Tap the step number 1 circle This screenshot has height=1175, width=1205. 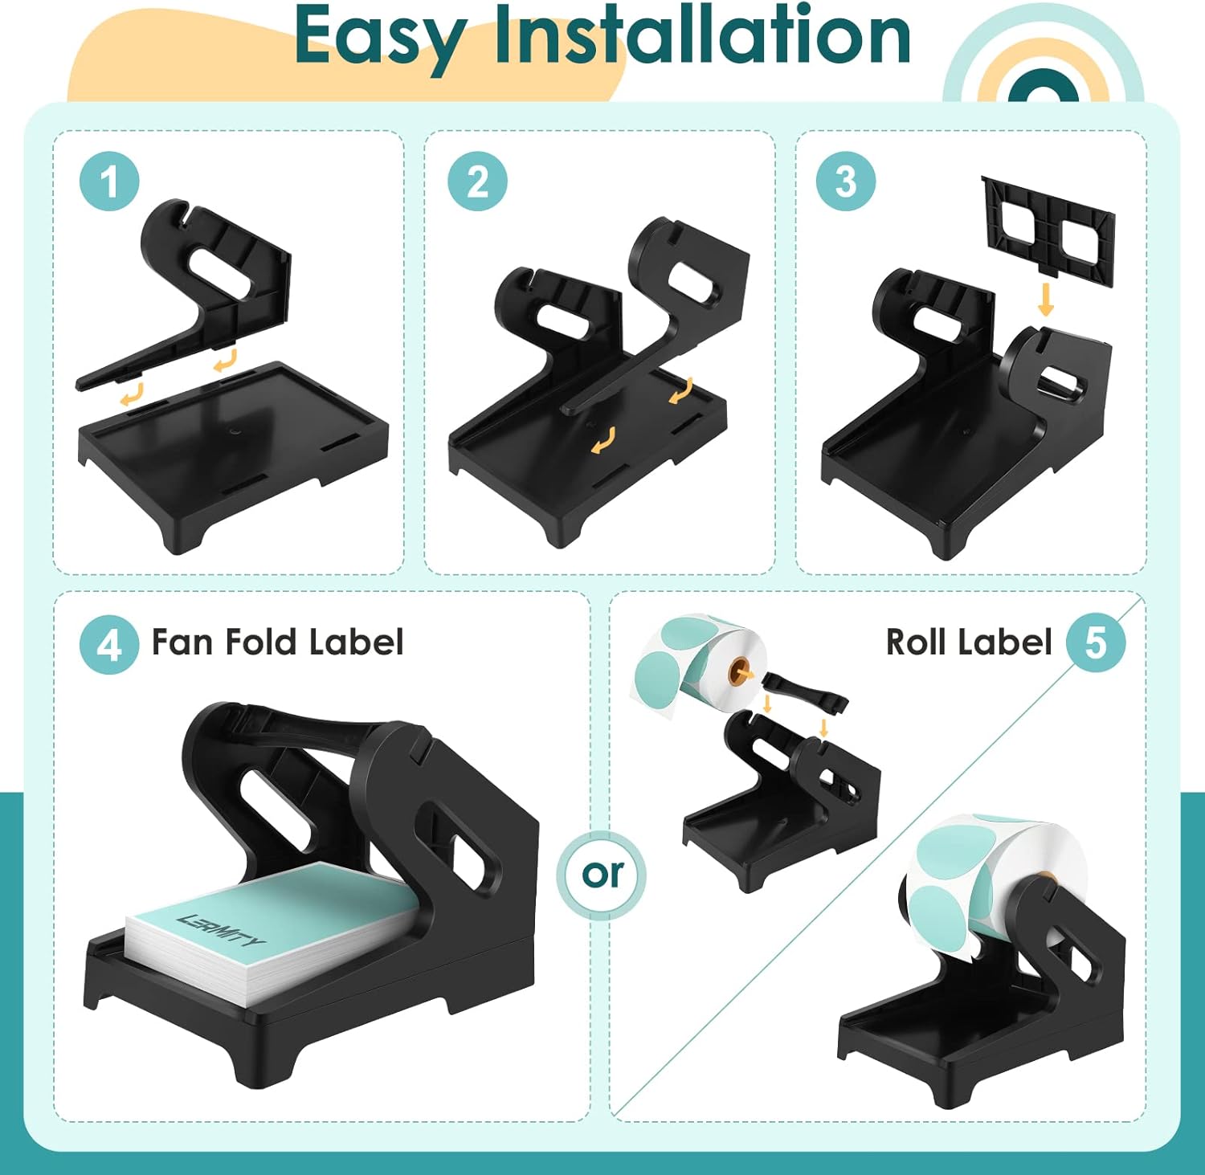110,182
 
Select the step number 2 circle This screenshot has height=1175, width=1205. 477,182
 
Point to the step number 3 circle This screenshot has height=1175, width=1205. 845,182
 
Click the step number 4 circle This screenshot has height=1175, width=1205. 109,644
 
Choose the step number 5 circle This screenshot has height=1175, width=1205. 1095,643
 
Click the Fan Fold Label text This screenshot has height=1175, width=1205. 277,643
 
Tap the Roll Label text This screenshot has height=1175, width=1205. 968,643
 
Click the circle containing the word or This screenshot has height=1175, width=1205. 603,875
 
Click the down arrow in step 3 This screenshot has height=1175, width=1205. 1045,299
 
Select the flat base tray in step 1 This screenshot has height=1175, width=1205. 233,450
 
